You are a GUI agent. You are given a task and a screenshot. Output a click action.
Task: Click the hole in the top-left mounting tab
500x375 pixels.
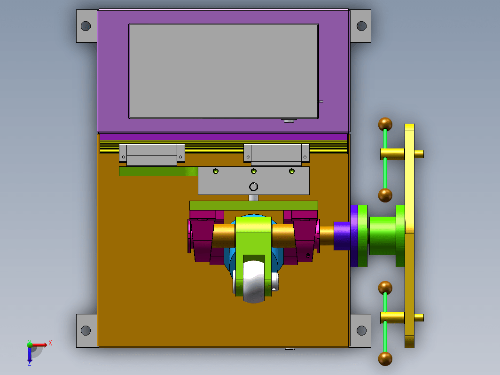pos(86,26)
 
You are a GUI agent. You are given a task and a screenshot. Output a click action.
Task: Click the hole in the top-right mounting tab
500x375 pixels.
pos(361,26)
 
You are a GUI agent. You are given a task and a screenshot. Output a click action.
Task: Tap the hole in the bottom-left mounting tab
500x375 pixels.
pos(86,330)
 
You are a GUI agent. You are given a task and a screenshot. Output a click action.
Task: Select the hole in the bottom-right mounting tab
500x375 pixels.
pos(361,330)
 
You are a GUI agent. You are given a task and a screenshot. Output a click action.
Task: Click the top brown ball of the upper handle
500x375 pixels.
pos(385,124)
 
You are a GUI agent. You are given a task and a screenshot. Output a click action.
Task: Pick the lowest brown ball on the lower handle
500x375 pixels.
pos(385,359)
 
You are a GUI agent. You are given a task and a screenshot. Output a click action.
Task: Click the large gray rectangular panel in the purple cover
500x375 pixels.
pos(224,71)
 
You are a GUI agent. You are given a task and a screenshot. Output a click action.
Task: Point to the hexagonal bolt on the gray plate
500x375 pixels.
pos(253,187)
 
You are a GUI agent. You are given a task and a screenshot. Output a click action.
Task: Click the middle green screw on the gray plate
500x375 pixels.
pos(253,171)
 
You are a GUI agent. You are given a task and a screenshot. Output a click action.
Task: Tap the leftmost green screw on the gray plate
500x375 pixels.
pos(216,171)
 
